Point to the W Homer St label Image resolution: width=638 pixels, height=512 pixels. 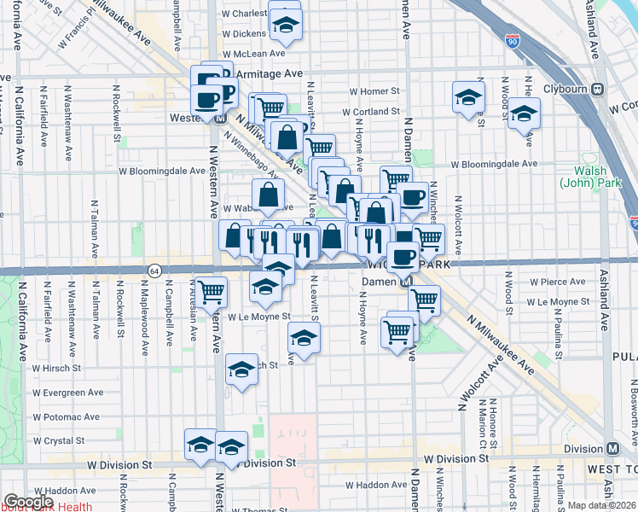pyautogui.click(x=374, y=91)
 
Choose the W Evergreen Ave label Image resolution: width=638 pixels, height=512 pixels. pyautogui.click(x=67, y=393)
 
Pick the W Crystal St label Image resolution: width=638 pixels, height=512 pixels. pyautogui.click(x=58, y=441)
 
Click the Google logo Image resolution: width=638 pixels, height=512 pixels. pyautogui.click(x=28, y=503)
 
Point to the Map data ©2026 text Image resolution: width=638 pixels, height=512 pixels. pyautogui.click(x=600, y=505)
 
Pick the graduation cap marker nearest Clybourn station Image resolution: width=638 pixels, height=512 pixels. pyautogui.click(x=524, y=114)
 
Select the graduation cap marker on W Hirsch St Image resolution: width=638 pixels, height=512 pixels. pyautogui.click(x=242, y=369)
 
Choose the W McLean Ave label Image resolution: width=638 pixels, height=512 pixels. pyautogui.click(x=253, y=53)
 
